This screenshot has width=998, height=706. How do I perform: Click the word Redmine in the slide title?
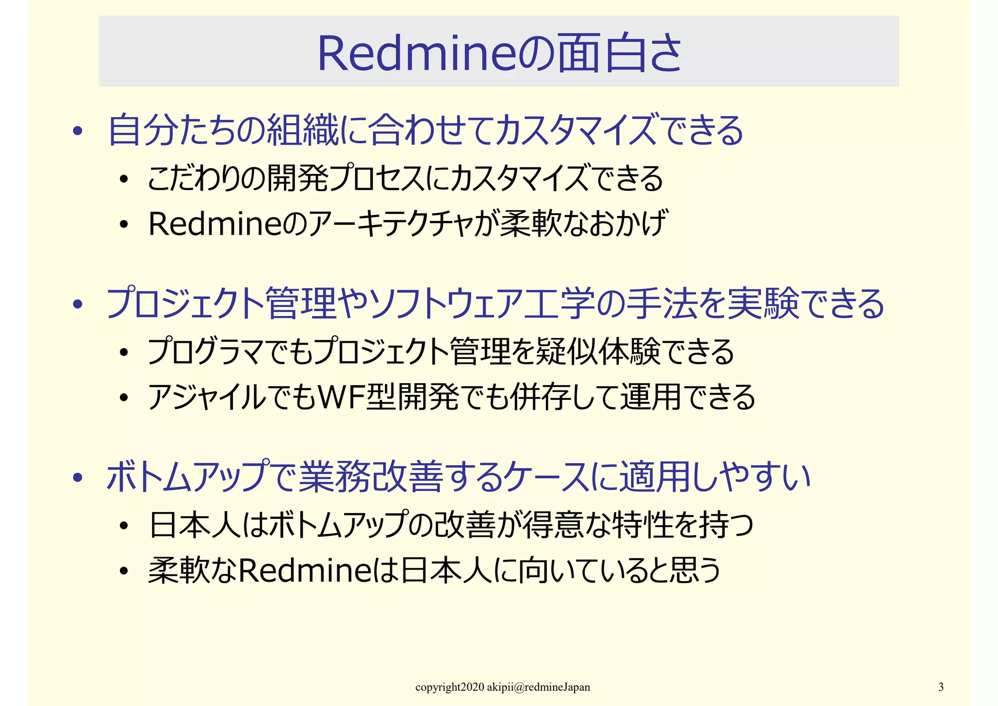tap(417, 54)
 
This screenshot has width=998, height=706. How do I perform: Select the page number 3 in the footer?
tap(941, 687)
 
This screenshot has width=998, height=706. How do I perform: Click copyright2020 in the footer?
tap(450, 687)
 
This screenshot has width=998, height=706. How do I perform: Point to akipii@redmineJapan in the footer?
tap(538, 687)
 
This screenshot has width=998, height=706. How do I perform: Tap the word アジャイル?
tap(207, 397)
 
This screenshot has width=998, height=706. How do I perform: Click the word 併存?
tap(541, 397)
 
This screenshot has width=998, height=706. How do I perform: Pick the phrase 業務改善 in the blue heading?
tap(370, 477)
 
